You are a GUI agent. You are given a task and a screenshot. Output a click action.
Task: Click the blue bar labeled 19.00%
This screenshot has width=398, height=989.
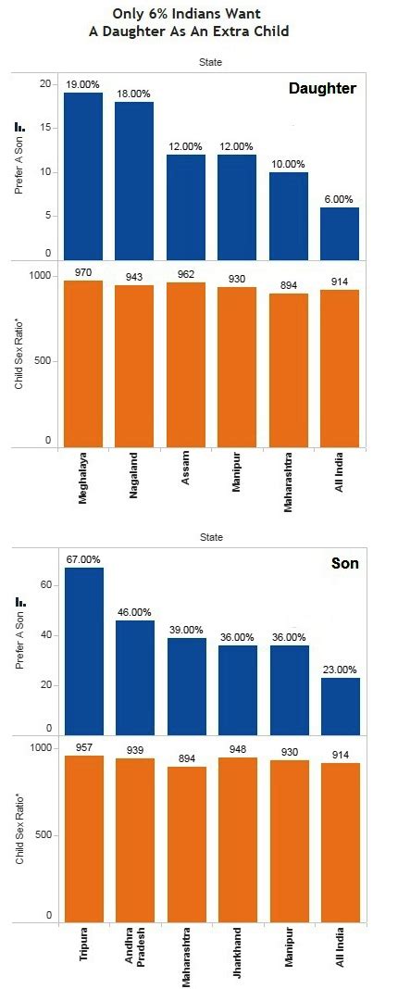pos(83,176)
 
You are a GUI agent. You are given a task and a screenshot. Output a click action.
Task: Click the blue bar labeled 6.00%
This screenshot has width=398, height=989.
pos(340,232)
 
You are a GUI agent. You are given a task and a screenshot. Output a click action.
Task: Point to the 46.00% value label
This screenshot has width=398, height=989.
pos(134,612)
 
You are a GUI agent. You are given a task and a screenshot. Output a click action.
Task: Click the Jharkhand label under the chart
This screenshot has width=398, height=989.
pos(238,953)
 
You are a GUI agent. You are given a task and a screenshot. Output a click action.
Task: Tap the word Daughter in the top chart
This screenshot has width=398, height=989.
pos(321,88)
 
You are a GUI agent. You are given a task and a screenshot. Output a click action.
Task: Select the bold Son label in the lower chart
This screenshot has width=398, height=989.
pos(344,563)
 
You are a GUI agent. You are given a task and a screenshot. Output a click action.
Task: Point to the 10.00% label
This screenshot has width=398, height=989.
pos(289,164)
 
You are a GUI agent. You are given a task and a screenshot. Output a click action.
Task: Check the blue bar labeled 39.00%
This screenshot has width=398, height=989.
pos(186,686)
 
